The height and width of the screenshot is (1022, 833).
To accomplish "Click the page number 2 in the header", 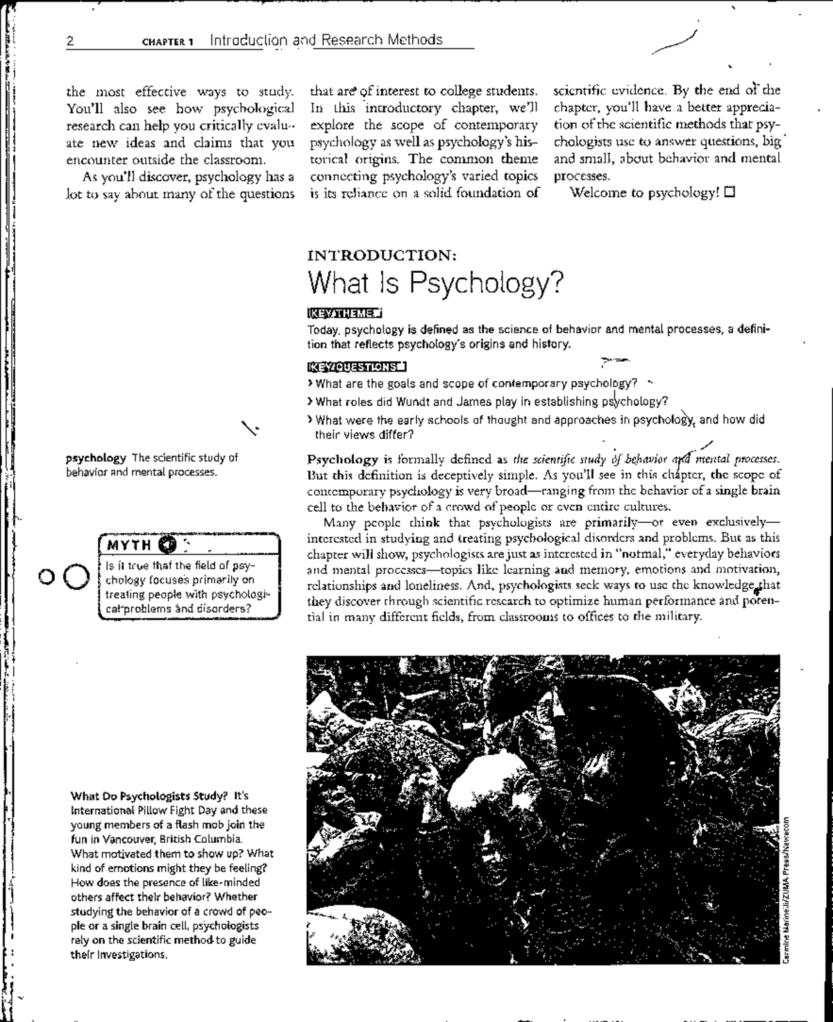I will pos(70,40).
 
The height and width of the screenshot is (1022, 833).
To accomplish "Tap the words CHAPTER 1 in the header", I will pos(167,41).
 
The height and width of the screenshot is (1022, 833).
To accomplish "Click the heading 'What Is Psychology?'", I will pos(435,283).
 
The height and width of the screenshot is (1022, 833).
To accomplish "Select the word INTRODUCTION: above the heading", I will pos(381,255).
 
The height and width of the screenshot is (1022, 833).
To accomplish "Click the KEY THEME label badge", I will pos(344,313).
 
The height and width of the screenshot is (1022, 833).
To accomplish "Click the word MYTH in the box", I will pos(129,544).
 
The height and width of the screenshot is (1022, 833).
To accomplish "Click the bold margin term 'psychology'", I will pos(96,458).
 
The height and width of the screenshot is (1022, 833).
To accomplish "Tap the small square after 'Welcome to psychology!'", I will pos(729,192).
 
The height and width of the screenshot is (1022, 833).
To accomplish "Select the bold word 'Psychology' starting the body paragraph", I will pos(342,459).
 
